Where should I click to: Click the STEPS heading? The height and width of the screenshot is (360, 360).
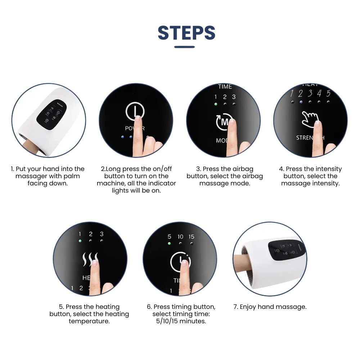[186, 33]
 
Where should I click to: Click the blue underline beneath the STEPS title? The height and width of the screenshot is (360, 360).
[184, 47]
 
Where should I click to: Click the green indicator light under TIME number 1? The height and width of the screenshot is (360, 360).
[216, 104]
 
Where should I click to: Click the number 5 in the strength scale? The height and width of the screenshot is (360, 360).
[328, 94]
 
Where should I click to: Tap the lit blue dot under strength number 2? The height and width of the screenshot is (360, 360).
[301, 102]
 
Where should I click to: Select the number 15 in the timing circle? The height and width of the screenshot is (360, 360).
[191, 237]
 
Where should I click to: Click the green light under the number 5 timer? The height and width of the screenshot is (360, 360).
[169, 244]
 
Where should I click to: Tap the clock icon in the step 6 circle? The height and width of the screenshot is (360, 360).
[180, 262]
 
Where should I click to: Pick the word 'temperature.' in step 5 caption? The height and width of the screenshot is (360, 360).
[89, 321]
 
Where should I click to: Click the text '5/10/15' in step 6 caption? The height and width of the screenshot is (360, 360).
[167, 321]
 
